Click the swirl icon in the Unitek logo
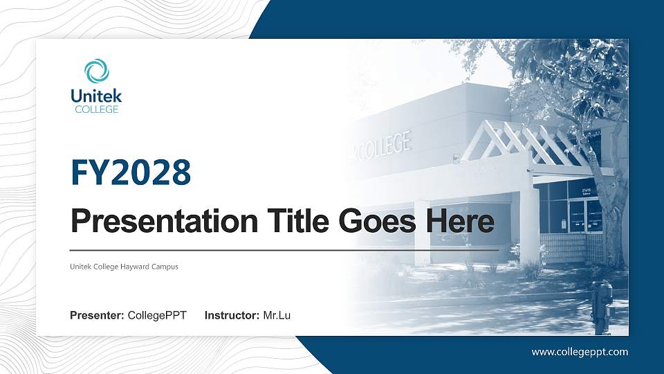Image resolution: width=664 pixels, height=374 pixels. (x=97, y=71)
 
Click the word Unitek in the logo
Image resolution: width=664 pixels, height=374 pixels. (x=96, y=96)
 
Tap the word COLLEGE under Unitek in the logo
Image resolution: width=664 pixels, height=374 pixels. (x=96, y=109)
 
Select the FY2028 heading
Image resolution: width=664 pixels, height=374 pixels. (x=131, y=172)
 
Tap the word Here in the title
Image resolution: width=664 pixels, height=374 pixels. (x=461, y=222)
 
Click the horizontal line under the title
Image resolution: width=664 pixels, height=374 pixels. (x=284, y=249)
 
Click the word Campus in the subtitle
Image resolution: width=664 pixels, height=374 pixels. (x=165, y=267)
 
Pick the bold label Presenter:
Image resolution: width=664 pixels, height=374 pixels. (x=97, y=316)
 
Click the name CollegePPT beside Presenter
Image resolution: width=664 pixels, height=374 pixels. (x=157, y=316)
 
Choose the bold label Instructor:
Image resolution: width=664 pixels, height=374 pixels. (x=232, y=316)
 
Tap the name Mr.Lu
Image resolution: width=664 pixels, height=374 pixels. (x=277, y=316)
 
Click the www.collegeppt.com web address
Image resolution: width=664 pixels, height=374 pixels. (x=580, y=352)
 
